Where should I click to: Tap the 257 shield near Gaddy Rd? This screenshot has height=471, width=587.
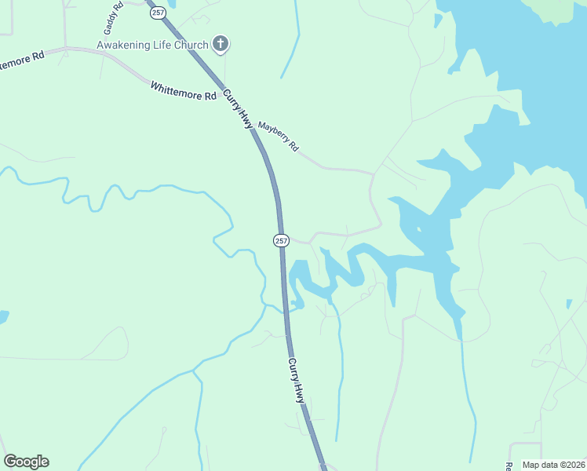(x=159, y=13)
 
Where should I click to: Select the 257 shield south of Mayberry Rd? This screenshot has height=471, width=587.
(x=282, y=240)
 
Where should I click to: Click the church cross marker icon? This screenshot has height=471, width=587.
(x=221, y=45)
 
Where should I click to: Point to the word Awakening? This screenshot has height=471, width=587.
(x=123, y=45)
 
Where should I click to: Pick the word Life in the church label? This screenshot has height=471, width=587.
(x=162, y=45)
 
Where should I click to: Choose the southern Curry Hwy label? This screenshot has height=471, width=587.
(x=296, y=382)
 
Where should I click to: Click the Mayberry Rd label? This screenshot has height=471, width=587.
(x=279, y=136)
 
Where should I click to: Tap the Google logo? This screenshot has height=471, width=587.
(x=26, y=462)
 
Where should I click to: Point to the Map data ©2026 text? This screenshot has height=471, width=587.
(x=553, y=465)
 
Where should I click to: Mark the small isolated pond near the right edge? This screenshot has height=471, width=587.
(x=570, y=304)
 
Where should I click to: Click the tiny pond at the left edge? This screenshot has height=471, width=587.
(x=3, y=316)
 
